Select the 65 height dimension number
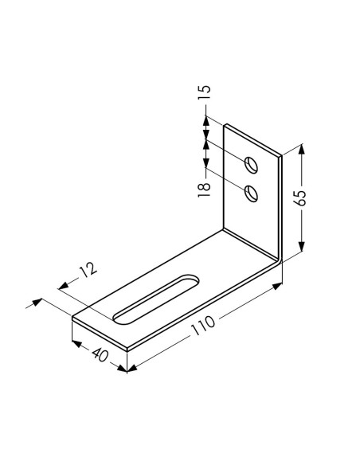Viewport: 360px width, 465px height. [300, 198]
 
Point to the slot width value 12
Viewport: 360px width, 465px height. [88, 269]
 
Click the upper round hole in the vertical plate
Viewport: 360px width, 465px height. [252, 165]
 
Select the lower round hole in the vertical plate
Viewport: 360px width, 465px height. [252, 193]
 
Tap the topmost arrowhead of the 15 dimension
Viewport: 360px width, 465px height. [205, 120]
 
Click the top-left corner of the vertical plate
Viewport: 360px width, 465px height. [225, 123]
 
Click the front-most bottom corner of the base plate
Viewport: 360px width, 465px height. [127, 350]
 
